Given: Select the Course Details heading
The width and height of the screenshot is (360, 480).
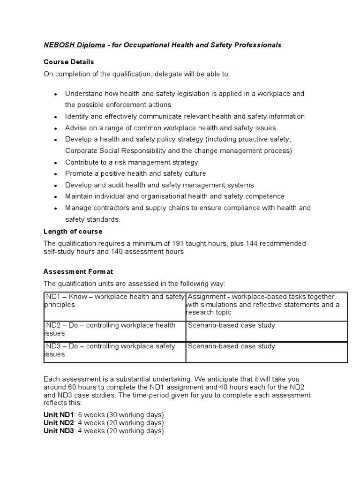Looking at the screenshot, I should (x=69, y=62).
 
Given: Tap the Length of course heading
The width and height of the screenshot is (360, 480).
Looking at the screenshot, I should (x=73, y=232).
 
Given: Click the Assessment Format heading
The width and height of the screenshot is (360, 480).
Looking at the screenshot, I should (x=78, y=271).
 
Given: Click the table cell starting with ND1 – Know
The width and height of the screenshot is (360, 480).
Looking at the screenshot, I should (x=114, y=300).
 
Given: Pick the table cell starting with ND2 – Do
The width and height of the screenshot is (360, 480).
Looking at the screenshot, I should (x=114, y=329).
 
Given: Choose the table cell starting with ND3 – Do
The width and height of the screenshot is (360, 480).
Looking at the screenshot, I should (x=114, y=350).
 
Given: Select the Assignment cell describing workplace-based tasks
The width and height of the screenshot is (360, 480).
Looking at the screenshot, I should (x=266, y=305).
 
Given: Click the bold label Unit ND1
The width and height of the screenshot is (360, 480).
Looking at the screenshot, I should (x=59, y=415).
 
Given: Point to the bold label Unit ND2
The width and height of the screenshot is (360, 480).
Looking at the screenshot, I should (x=59, y=423).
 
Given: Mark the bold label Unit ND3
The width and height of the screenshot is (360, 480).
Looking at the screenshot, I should (x=59, y=431).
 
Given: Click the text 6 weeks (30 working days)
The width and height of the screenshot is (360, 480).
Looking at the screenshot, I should (x=121, y=415).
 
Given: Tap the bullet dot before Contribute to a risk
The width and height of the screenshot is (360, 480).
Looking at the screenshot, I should (x=56, y=163).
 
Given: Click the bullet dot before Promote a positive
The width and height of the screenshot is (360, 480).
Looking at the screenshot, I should (x=56, y=174).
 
